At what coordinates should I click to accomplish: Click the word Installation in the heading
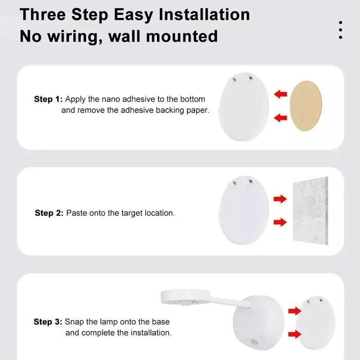[x=204, y=14]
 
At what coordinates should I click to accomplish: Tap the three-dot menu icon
[x=341, y=30]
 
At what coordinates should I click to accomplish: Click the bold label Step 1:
[x=48, y=99]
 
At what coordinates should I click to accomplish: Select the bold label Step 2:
[x=49, y=213]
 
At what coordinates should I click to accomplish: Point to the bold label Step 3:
[x=48, y=322]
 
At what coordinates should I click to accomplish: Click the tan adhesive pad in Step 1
[x=306, y=106]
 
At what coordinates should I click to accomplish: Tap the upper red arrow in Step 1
[x=280, y=94]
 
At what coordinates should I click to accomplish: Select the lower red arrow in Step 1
[x=280, y=118]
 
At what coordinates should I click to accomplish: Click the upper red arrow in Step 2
[x=280, y=199]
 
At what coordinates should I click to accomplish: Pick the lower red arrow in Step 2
[x=280, y=222]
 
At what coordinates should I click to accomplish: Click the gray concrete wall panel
[x=310, y=211]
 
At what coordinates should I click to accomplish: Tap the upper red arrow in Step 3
[x=295, y=310]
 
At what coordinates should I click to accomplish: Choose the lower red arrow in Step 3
[x=295, y=334]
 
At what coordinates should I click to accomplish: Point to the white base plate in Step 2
[x=243, y=210]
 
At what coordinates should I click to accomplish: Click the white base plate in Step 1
[x=243, y=107]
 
